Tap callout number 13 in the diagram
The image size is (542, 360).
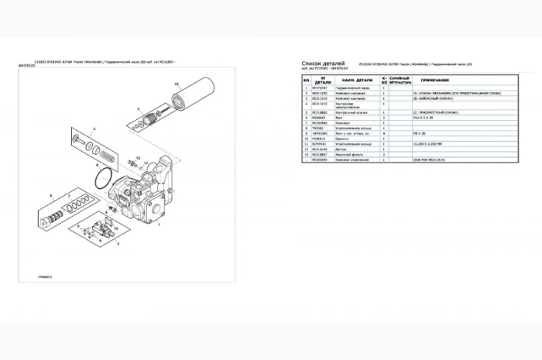click(177, 82)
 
